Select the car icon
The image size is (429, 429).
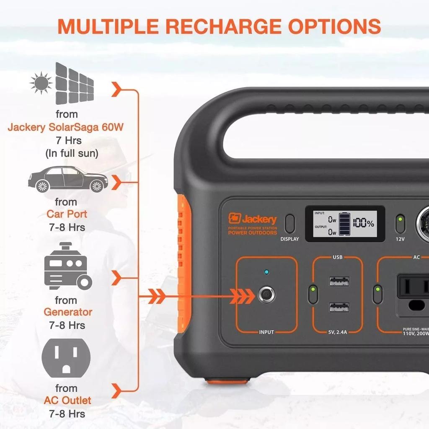pyautogui.click(x=68, y=179)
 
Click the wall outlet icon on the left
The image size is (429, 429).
pyautogui.click(x=66, y=357)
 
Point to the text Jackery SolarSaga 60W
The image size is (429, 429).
pyautogui.click(x=66, y=127)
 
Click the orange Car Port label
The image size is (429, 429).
pyautogui.click(x=67, y=214)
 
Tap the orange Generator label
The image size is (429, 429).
pyautogui.click(x=68, y=312)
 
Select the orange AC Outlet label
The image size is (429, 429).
pyautogui.click(x=67, y=400)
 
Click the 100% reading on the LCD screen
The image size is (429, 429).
pyautogui.click(x=363, y=223)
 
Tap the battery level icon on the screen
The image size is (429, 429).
pyautogui.click(x=345, y=224)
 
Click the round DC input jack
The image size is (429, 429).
pyautogui.click(x=266, y=295)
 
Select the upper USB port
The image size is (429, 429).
pyautogui.click(x=339, y=281)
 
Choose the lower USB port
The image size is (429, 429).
pyautogui.click(x=339, y=308)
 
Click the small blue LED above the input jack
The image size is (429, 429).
pyautogui.click(x=266, y=273)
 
